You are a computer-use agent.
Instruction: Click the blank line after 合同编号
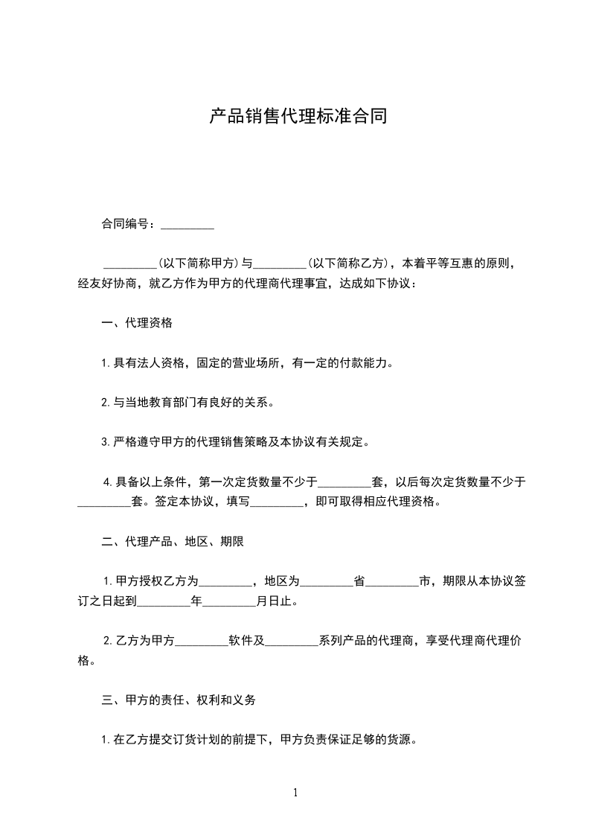tap(187, 224)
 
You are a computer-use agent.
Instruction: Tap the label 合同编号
tap(127, 224)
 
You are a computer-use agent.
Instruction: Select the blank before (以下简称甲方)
tap(129, 263)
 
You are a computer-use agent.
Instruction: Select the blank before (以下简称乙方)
tap(280, 263)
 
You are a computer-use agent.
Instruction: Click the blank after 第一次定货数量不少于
tap(344, 482)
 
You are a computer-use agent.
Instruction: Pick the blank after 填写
tap(277, 502)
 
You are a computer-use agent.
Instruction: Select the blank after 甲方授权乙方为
tap(226, 581)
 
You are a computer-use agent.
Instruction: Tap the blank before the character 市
tap(393, 581)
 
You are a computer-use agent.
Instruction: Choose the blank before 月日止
tap(229, 601)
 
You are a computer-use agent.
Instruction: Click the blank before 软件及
tap(201, 641)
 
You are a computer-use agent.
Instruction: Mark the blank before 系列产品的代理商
tap(292, 641)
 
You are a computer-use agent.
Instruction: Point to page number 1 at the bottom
tap(295, 793)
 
